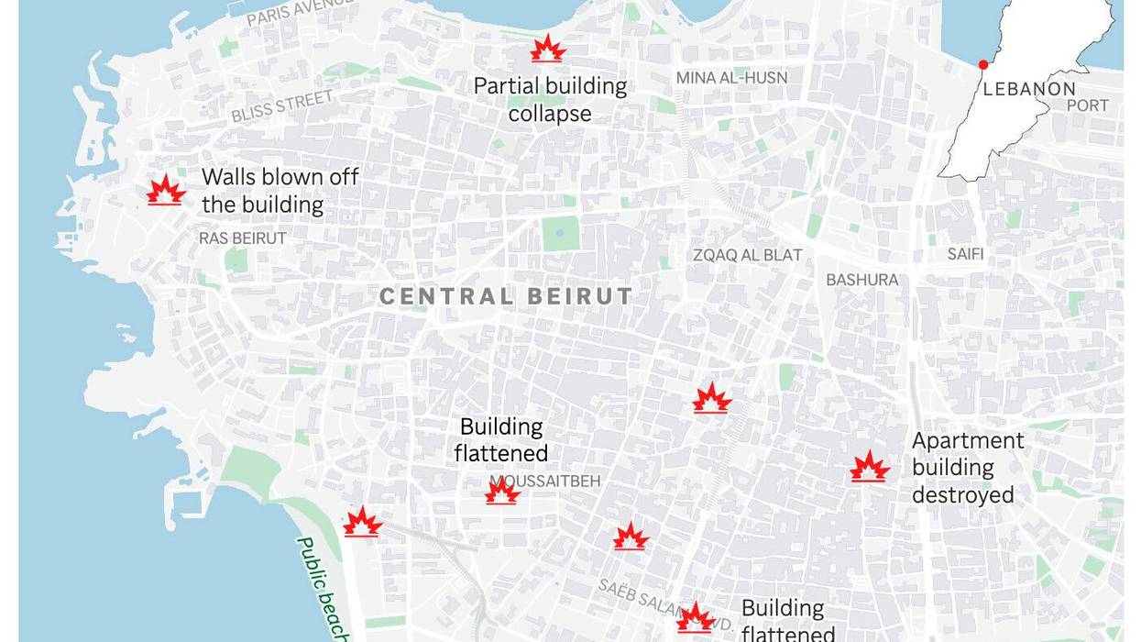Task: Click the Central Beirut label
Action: pyautogui.click(x=506, y=296)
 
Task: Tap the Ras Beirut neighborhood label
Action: pyautogui.click(x=243, y=238)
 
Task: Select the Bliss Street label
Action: pyautogui.click(x=281, y=106)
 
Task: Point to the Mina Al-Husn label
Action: pyautogui.click(x=731, y=78)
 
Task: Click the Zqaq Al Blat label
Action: pyautogui.click(x=747, y=255)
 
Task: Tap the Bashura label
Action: pyautogui.click(x=862, y=280)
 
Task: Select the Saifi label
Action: pyautogui.click(x=965, y=254)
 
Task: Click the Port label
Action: pyautogui.click(x=1088, y=105)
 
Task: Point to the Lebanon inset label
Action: pyautogui.click(x=1029, y=89)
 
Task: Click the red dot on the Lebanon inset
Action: pyautogui.click(x=983, y=64)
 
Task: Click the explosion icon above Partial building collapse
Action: pyautogui.click(x=547, y=49)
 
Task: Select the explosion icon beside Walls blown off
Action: pyautogui.click(x=165, y=190)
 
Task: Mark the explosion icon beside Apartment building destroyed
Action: pyautogui.click(x=869, y=467)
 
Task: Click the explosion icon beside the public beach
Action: pyautogui.click(x=362, y=522)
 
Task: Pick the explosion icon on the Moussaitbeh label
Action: pyautogui.click(x=502, y=492)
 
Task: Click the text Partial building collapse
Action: pyautogui.click(x=550, y=100)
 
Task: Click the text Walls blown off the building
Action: pyautogui.click(x=279, y=190)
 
